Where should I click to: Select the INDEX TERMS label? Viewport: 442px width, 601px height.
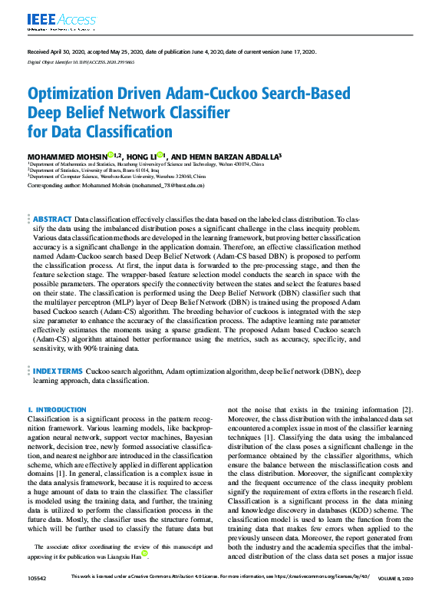[58, 370]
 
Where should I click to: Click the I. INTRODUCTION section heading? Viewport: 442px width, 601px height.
[57, 410]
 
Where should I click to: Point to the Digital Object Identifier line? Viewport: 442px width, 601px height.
[75, 60]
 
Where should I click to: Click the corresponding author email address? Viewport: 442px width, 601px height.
[167, 185]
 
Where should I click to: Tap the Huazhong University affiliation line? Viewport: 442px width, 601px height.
[146, 163]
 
